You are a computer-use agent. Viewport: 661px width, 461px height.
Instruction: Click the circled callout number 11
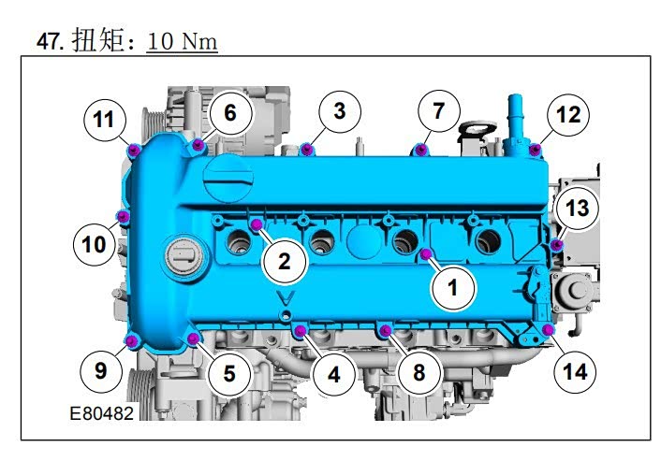105,120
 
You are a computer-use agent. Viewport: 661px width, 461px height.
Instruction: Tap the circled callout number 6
230,112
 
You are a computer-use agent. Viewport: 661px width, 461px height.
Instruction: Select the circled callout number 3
340,111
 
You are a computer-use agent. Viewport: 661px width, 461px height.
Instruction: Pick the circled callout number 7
439,111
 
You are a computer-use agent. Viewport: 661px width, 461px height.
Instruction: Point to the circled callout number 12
568,114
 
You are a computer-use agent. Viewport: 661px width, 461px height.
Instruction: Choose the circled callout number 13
577,208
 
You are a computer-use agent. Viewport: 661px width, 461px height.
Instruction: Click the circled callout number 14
575,372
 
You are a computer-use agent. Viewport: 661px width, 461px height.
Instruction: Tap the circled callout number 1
452,288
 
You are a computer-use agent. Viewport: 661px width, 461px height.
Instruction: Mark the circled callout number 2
284,262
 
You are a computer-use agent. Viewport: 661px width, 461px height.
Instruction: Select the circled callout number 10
94,244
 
